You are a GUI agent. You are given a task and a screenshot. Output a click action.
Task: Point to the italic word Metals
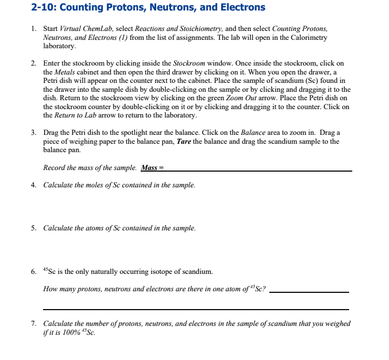click(66, 72)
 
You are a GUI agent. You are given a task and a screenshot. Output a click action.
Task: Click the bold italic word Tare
click(182, 141)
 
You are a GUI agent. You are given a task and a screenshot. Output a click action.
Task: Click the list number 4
click(33, 185)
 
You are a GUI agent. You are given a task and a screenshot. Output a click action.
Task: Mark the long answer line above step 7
click(195, 309)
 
